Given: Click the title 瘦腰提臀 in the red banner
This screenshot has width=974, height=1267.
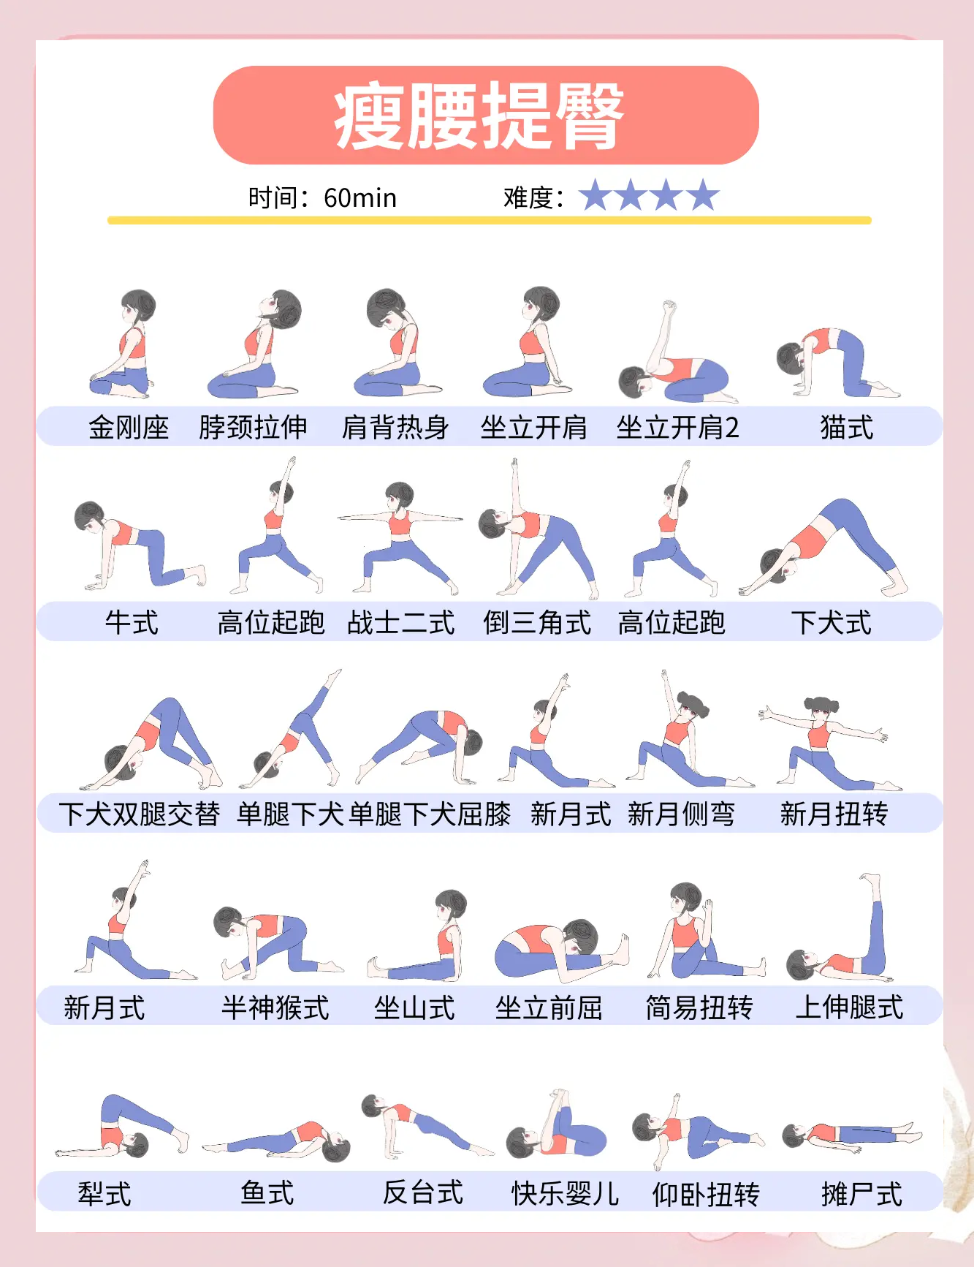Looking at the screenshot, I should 479,116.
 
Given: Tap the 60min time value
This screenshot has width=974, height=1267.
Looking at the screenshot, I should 359,198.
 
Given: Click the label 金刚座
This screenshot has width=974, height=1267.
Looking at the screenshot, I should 129,427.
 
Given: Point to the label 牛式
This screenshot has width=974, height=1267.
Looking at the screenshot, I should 132,623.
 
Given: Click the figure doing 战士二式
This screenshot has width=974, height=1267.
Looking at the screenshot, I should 400,537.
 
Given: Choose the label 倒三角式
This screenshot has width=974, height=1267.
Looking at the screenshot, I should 537,623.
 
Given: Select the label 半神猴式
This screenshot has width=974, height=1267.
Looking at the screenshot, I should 275,1007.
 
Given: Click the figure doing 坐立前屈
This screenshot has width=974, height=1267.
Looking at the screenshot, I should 559,950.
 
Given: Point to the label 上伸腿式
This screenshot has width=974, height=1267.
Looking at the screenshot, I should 849,1007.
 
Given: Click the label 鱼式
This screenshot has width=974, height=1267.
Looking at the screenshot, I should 267,1192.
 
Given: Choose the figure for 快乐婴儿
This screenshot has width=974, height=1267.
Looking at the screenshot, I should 557,1126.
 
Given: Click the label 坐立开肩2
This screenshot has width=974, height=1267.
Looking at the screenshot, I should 677,427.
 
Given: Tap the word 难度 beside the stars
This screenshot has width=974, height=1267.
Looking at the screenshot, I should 528,198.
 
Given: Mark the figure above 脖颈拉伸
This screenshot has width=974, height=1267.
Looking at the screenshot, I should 256,344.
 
